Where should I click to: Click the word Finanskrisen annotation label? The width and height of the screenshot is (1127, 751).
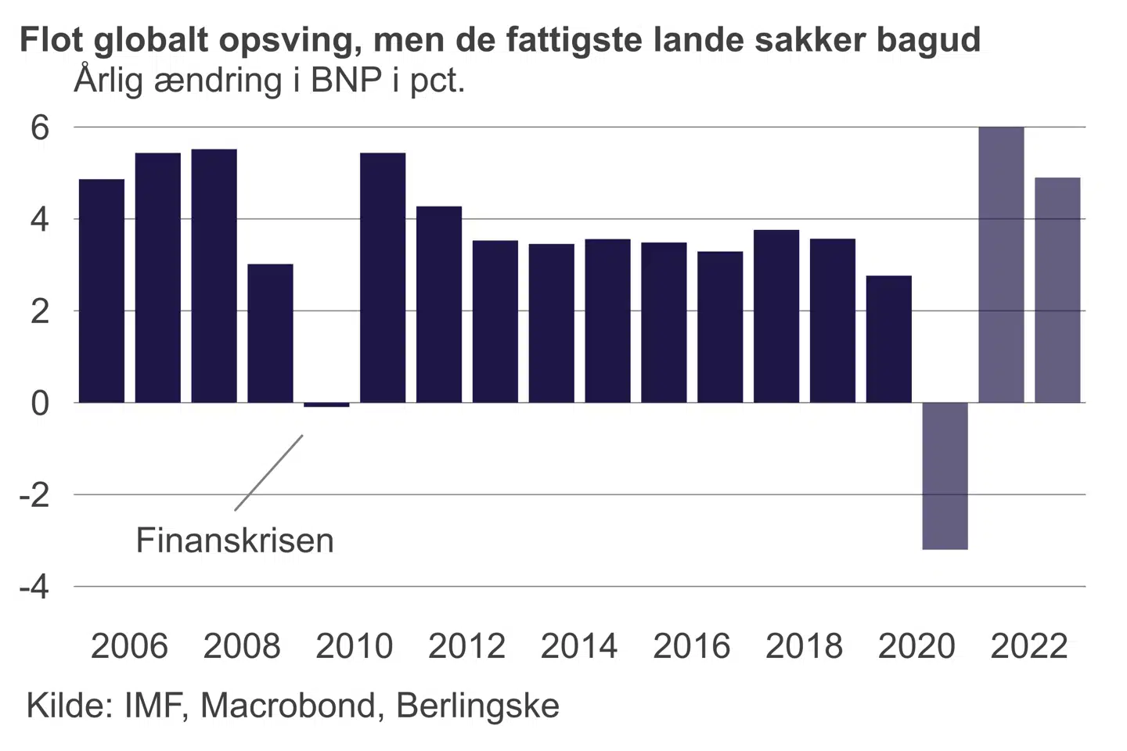[235, 541]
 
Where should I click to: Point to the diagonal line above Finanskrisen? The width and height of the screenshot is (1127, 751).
[268, 473]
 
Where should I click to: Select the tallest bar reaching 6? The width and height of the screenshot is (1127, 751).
[1001, 264]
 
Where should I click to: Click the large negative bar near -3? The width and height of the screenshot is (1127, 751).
[945, 476]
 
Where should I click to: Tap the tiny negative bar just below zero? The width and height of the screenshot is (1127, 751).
[326, 404]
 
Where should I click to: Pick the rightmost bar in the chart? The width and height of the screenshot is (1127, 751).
[1057, 290]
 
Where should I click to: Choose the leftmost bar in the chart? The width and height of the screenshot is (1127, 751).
[102, 291]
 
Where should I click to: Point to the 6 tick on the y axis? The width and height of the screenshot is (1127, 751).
[39, 128]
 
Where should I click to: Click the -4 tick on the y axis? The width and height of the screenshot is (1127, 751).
[34, 587]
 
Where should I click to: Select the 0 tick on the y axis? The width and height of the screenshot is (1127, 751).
[39, 404]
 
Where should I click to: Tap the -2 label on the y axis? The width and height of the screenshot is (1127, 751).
[34, 495]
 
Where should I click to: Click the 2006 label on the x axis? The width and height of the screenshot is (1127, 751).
[129, 646]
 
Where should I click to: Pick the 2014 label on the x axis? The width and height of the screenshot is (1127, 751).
[579, 646]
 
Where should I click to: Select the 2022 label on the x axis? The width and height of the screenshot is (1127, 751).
[1029, 646]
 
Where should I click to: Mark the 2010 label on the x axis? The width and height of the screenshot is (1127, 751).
[355, 646]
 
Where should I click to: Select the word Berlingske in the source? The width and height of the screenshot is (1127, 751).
[477, 706]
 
